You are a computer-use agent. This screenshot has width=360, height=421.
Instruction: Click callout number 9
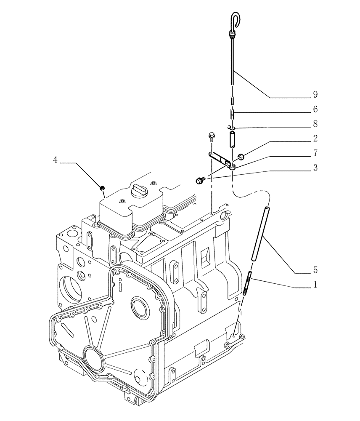315,93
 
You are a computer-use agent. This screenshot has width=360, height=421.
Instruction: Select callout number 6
315,109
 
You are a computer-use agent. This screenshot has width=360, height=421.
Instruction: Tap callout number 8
315,124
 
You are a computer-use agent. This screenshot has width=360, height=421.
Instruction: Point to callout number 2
315,138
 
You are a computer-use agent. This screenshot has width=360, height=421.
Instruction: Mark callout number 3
315,167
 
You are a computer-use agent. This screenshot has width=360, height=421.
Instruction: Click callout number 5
315,270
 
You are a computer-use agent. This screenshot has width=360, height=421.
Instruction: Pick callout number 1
315,285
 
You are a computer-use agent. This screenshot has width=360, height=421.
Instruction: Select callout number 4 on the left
55,160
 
